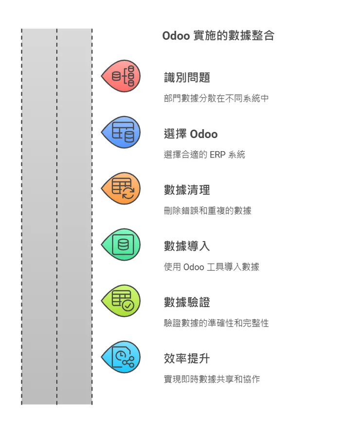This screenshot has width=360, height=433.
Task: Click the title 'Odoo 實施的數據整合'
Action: click(x=218, y=36)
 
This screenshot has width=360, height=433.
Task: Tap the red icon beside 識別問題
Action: click(x=122, y=76)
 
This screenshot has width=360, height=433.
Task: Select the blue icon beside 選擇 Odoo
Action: click(x=122, y=132)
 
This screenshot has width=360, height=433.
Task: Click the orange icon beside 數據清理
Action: click(x=122, y=188)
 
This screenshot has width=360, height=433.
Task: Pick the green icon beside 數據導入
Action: click(x=122, y=244)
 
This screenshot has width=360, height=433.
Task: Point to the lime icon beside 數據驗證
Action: click(x=122, y=301)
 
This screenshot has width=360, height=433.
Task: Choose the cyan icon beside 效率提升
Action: click(x=122, y=357)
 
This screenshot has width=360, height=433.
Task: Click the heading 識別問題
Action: click(x=187, y=77)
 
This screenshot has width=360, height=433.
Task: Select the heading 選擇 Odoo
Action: click(x=191, y=134)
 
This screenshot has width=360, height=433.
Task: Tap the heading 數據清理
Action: click(x=187, y=190)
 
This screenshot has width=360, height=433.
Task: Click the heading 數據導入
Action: click(x=187, y=246)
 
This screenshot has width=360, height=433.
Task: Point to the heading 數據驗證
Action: click(x=187, y=302)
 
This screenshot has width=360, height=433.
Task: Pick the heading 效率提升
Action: click(x=187, y=359)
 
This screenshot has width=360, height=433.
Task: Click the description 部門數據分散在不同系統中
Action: click(x=216, y=98)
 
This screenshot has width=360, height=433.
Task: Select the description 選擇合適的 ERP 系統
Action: click(x=204, y=155)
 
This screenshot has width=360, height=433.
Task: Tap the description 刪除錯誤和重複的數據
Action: click(x=208, y=210)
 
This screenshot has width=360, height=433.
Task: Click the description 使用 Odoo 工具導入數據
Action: click(x=212, y=267)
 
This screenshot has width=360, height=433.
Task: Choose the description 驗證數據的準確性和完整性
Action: click(x=216, y=323)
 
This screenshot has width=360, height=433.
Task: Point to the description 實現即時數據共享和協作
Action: click(x=212, y=379)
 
